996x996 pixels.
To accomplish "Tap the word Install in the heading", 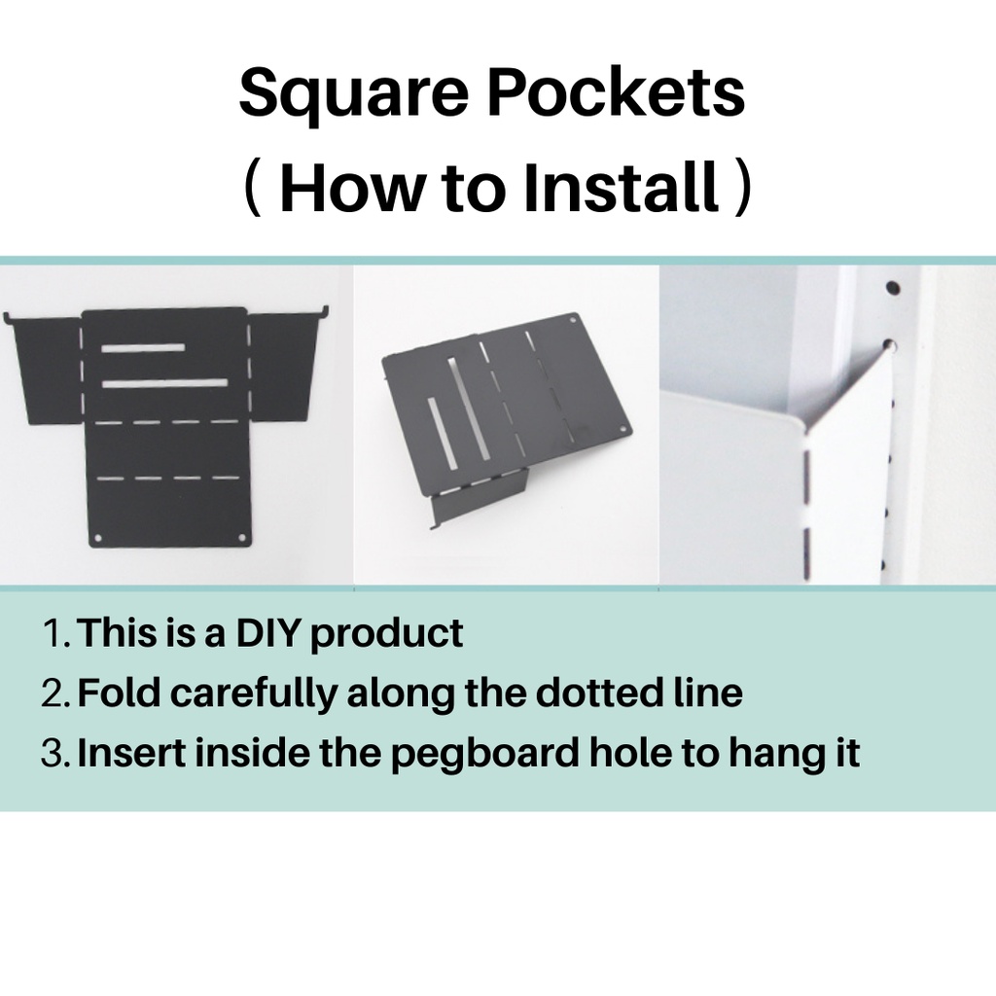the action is click(622, 187).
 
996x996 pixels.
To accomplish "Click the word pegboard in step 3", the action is click(484, 755).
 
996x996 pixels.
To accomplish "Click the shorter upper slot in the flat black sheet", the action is click(143, 347).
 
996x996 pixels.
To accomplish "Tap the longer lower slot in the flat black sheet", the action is click(163, 383).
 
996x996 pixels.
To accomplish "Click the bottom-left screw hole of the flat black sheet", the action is click(98, 539).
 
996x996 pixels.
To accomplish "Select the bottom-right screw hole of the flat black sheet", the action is click(242, 538).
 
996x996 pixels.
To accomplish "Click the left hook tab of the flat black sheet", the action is click(8, 318).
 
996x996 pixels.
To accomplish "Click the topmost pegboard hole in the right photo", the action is click(893, 288).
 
